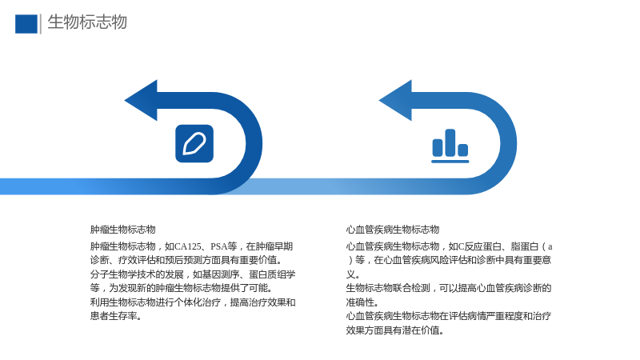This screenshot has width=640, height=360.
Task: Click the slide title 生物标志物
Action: pos(87,22)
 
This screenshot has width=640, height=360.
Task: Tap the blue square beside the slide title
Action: pos(26,24)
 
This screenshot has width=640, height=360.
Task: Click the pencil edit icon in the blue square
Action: pos(194,144)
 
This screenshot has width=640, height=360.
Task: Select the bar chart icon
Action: pos(450,146)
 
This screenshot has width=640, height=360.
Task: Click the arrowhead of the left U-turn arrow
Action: pos(142,101)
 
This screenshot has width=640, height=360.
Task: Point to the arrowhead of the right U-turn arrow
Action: pos(396,101)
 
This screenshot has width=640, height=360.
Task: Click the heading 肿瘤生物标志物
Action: pos(123,230)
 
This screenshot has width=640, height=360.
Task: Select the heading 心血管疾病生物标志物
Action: pos(393,230)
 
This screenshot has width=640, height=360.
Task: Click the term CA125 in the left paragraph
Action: pos(188,246)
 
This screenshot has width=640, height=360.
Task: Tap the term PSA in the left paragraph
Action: pos(218,246)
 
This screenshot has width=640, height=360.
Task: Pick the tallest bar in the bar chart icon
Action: pos(450,142)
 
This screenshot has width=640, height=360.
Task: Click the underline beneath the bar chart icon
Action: pos(450,162)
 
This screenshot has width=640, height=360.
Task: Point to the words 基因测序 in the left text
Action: pos(221,274)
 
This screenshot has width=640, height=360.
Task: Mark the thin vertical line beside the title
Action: pos(41,24)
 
